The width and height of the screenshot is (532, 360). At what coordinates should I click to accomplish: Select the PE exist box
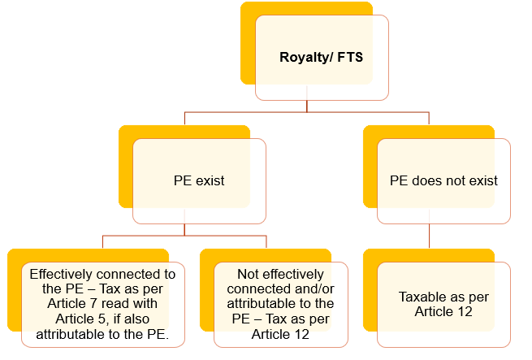click(x=199, y=180)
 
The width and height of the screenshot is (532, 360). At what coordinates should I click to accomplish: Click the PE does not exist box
click(x=444, y=180)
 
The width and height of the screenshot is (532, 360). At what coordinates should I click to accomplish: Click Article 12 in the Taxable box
click(x=443, y=311)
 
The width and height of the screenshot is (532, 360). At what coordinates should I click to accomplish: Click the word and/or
click(x=304, y=290)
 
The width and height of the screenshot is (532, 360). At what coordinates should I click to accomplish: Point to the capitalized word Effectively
click(x=61, y=275)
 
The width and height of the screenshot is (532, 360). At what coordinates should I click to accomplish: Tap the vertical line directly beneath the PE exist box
click(x=184, y=229)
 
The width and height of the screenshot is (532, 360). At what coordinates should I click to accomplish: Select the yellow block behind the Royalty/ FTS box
click(x=248, y=49)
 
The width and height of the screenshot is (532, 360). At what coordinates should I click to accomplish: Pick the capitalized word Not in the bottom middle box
click(x=247, y=275)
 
